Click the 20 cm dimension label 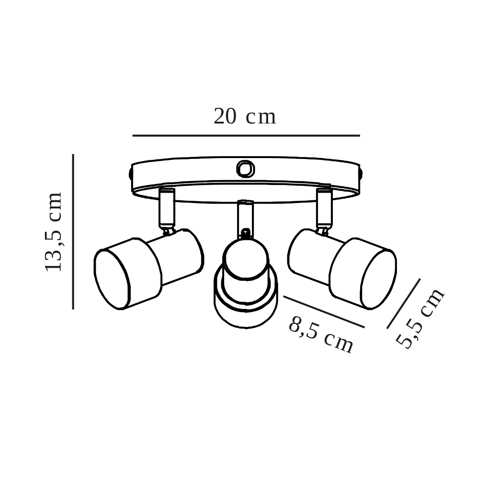(x=245, y=117)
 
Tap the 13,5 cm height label (x=54, y=232)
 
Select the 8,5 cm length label (x=321, y=335)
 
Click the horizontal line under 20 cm (x=246, y=135)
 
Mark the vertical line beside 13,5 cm (x=73, y=232)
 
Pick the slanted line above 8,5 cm (x=324, y=312)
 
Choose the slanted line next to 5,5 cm (x=403, y=304)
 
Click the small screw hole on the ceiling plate (x=245, y=169)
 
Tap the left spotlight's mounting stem (x=167, y=207)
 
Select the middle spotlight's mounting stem (x=245, y=219)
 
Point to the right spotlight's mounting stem (x=324, y=207)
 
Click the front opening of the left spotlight (x=112, y=279)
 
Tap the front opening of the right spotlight (x=378, y=279)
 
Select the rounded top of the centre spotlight (x=246, y=258)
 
